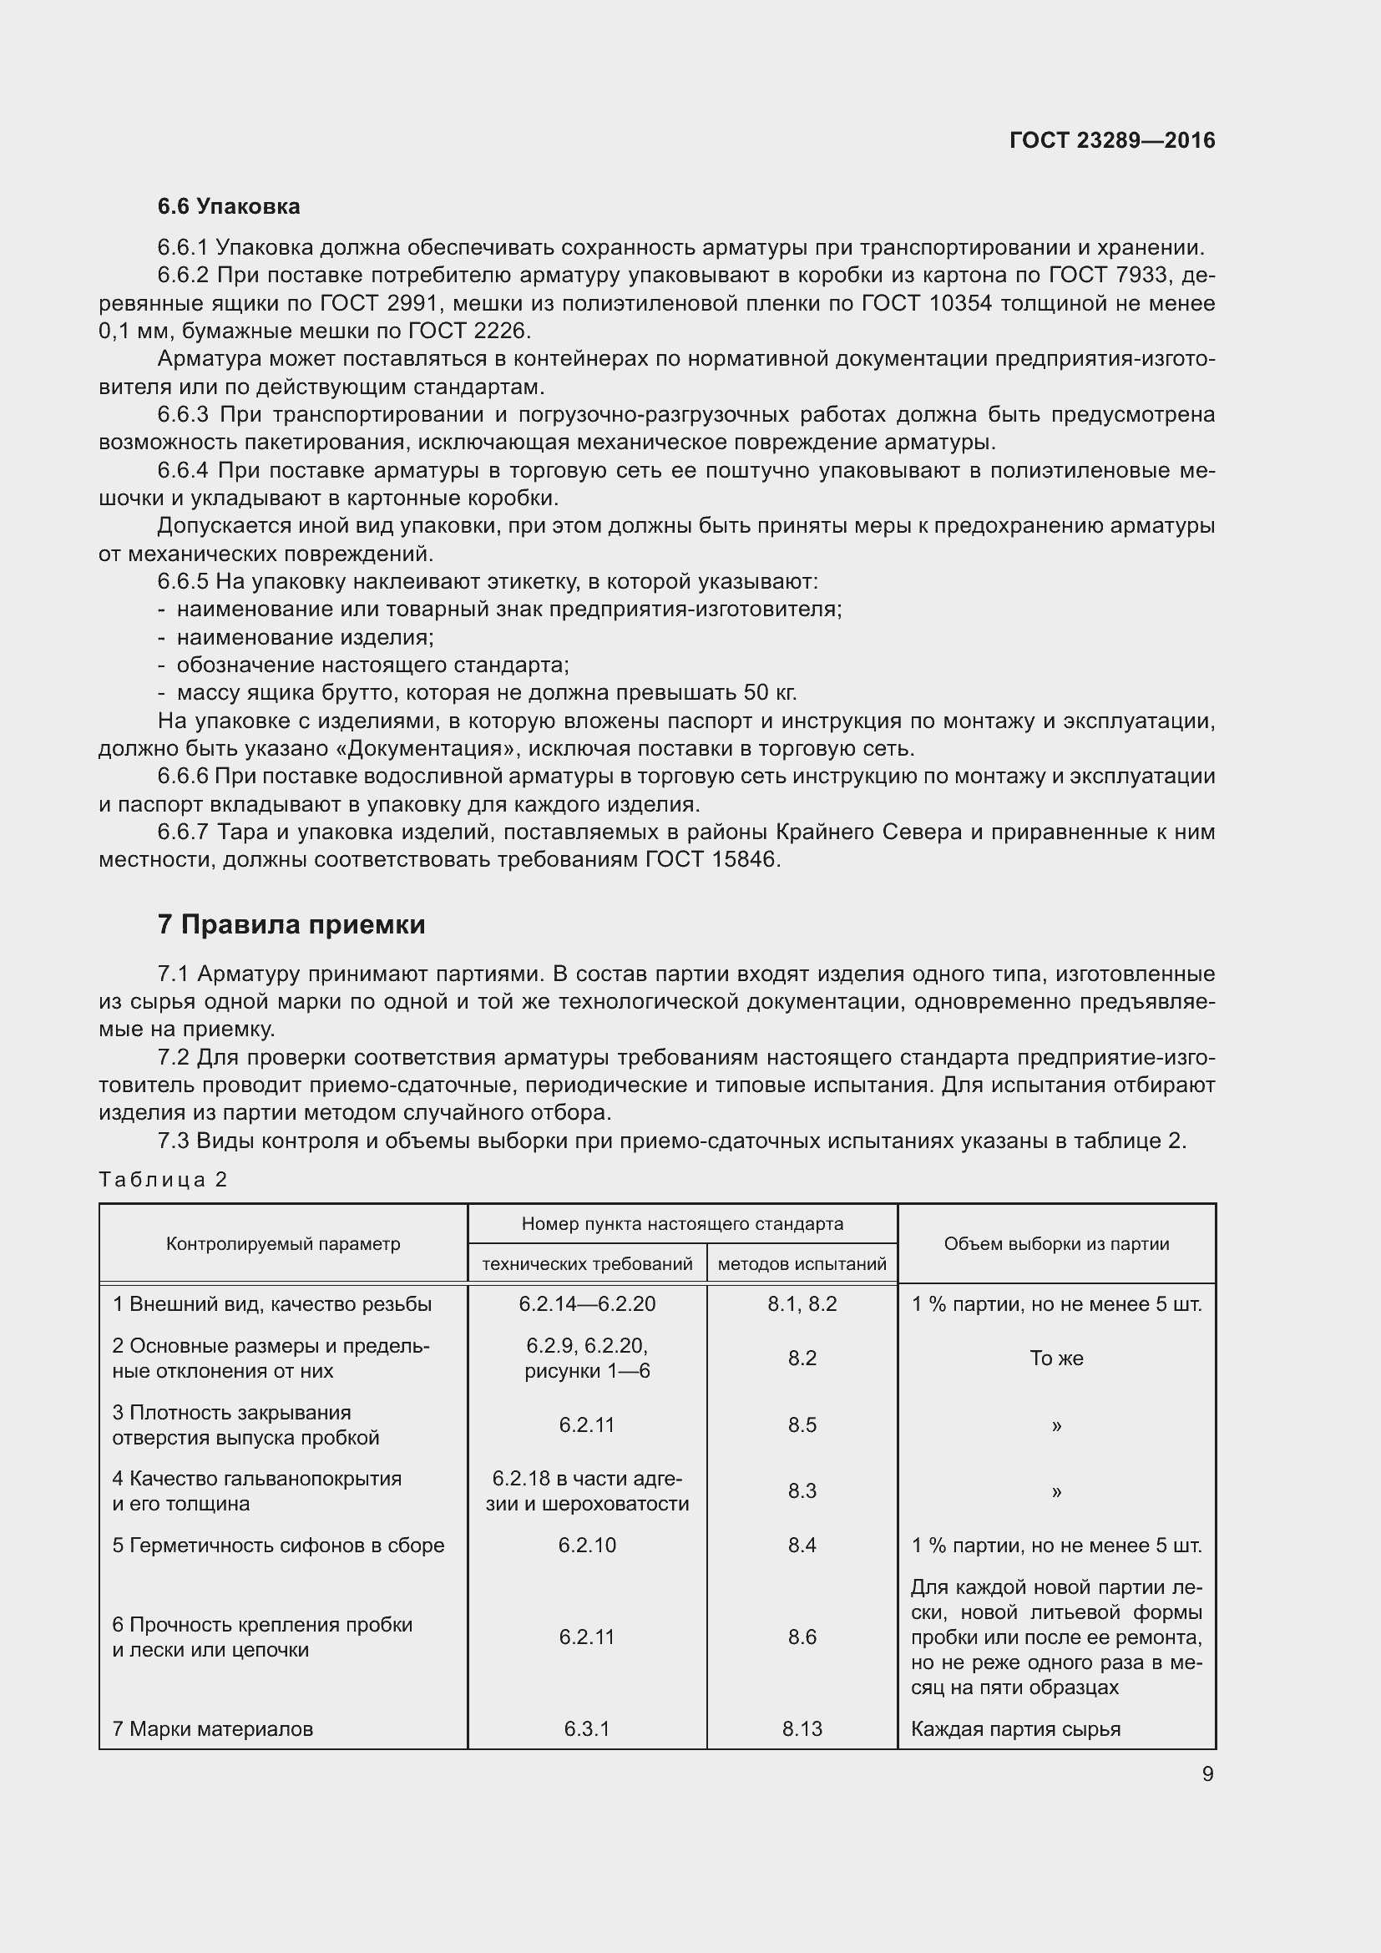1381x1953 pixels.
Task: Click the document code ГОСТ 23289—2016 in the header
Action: (x=1111, y=140)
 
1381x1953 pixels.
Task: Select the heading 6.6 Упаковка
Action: (x=228, y=207)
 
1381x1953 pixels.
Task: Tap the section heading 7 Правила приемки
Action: (x=291, y=924)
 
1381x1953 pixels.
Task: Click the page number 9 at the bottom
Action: (x=1207, y=1774)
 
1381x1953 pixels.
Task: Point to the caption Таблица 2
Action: (x=164, y=1180)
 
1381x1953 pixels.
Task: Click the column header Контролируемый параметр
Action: (x=282, y=1244)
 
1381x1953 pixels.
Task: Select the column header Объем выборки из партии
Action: (x=1056, y=1244)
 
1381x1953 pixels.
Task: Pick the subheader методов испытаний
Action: (x=802, y=1265)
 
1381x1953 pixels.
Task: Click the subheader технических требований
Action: (x=587, y=1265)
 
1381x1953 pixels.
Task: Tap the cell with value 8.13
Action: (x=802, y=1729)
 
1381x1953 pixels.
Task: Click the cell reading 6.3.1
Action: (x=587, y=1729)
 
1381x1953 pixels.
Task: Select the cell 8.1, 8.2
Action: (x=802, y=1305)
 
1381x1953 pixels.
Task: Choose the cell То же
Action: (x=1056, y=1358)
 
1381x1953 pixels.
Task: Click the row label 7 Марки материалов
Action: (x=213, y=1729)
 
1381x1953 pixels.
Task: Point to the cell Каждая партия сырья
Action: (x=1015, y=1729)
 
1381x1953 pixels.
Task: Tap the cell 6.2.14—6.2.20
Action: (x=587, y=1305)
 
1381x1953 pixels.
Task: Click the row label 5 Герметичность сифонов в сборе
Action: (x=278, y=1546)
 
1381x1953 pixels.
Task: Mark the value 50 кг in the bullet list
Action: (x=769, y=692)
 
